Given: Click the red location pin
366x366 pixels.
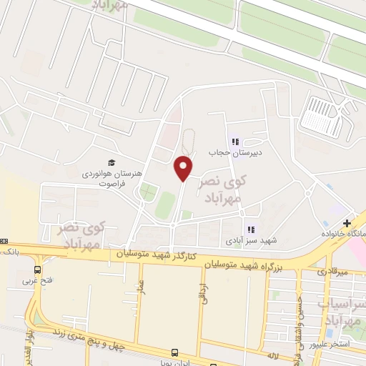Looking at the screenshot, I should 184,169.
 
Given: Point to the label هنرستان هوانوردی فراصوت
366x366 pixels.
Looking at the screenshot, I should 120,179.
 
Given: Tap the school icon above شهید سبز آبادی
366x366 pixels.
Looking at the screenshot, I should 250,229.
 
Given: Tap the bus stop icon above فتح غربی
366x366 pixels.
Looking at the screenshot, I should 36,269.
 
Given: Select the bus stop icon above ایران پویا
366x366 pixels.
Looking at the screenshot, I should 175,352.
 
